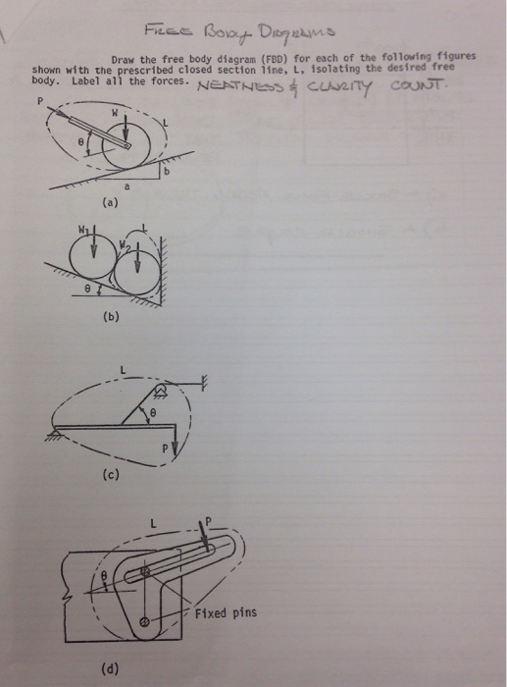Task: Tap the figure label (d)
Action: click(107, 670)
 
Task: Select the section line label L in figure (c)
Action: click(122, 368)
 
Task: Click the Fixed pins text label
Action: click(225, 613)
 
